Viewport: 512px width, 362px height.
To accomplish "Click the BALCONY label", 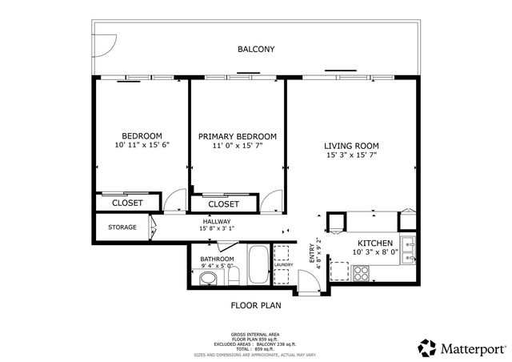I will tap(256, 50).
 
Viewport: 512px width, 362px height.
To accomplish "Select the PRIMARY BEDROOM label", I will tap(238, 136).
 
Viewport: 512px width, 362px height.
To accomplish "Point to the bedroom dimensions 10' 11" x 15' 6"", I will tap(142, 145).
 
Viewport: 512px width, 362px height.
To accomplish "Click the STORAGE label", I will tap(122, 227).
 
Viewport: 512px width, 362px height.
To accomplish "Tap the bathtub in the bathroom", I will tap(258, 267).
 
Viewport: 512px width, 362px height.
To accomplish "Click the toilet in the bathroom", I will tap(207, 279).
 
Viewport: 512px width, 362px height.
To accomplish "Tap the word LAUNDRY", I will tap(284, 265).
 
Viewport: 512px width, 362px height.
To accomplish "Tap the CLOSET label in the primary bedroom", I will tap(223, 204).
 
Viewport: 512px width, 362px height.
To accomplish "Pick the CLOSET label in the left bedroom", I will tap(127, 203).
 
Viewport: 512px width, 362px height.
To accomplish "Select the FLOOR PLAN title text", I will tap(256, 305).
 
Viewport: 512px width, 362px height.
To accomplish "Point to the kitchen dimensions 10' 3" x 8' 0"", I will tap(374, 252).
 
